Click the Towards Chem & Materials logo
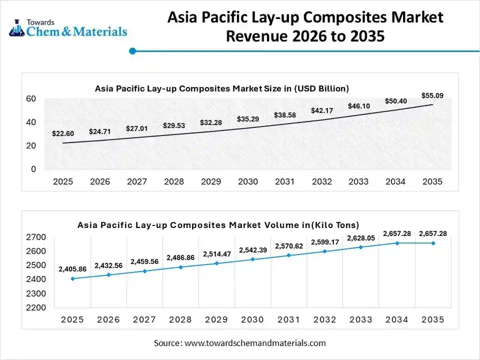tap(68, 27)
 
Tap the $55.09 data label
tap(432, 96)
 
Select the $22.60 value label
tap(63, 134)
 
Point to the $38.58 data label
tap(284, 115)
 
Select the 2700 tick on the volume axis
tap(35, 237)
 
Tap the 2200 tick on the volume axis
tap(35, 308)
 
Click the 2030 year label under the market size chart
tap(247, 182)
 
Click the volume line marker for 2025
tap(72, 279)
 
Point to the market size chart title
tap(222, 89)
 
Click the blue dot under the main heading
tap(132, 51)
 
